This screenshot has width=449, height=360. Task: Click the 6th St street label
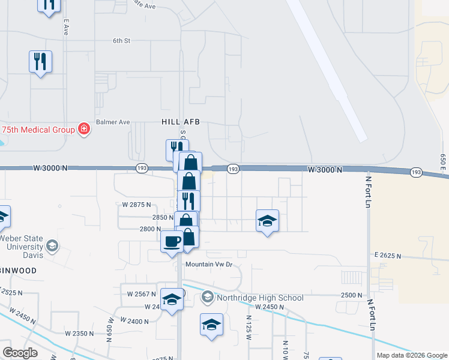point(121,41)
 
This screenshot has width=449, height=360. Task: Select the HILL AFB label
point(180,121)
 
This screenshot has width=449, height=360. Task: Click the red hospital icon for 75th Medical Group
point(84,130)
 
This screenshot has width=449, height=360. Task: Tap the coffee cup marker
point(172,242)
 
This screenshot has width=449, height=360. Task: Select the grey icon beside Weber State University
point(53,246)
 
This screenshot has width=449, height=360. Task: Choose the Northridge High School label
point(261,297)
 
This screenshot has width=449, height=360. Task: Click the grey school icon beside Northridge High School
point(208,297)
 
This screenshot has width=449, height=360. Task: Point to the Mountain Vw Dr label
point(208,264)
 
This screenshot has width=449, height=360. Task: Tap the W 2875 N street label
point(136,205)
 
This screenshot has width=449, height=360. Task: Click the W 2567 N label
point(142,294)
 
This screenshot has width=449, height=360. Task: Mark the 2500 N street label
point(351,295)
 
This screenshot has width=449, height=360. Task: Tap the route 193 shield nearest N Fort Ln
point(415,172)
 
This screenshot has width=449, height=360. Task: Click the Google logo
point(20,353)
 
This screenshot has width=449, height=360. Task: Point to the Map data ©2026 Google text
point(412,355)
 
